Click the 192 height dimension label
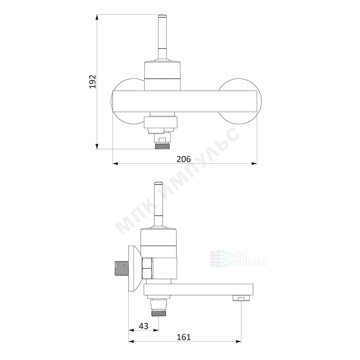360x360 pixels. tap(93, 81)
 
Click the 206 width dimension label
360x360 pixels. tap(184, 159)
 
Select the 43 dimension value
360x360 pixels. tap(144, 326)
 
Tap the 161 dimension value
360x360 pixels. tap(184, 337)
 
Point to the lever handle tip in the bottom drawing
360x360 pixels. tap(159, 183)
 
